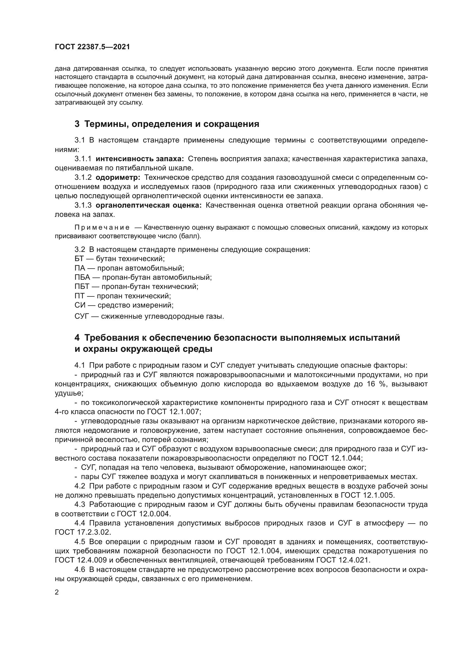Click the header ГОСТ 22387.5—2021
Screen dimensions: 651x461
tap(92, 47)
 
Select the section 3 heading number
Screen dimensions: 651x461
tap(77, 124)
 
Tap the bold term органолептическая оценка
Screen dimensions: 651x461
tap(149, 205)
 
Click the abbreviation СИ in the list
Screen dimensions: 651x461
tap(79, 305)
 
